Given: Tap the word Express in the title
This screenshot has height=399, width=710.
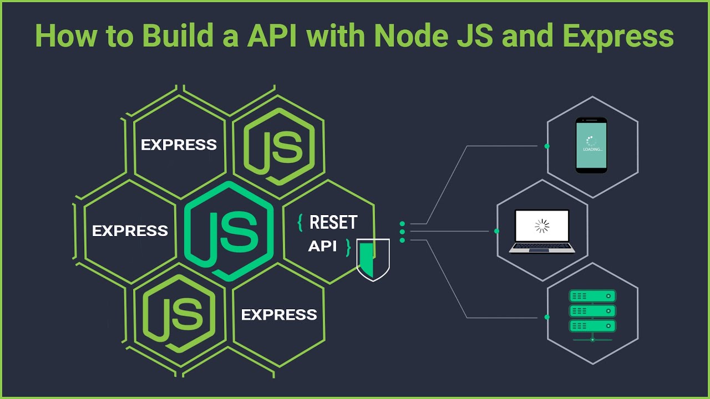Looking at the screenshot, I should (x=618, y=37).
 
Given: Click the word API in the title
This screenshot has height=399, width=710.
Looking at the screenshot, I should (x=272, y=37).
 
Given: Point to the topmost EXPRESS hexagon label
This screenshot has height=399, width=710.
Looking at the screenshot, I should (x=179, y=145).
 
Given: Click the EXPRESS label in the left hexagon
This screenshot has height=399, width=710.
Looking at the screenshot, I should (x=130, y=231).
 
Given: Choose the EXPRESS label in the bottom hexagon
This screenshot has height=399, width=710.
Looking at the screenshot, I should (x=279, y=315).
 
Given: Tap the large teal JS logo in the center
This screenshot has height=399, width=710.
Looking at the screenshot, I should (x=229, y=230).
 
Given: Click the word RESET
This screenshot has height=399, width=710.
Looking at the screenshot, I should (x=333, y=222).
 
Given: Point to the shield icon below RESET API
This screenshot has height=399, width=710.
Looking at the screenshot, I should (x=373, y=259).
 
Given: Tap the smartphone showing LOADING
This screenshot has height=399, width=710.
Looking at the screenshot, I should (x=591, y=145).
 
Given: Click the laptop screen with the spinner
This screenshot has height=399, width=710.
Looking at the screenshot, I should (x=541, y=226).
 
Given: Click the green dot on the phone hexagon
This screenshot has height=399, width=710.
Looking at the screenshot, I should (x=547, y=146).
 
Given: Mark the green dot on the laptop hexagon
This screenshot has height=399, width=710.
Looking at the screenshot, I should (x=496, y=231).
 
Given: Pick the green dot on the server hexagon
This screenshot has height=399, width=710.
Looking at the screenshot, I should (x=547, y=317).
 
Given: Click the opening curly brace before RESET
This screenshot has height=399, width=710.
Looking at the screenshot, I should (x=300, y=222).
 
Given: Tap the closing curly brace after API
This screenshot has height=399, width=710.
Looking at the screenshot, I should (x=348, y=247).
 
